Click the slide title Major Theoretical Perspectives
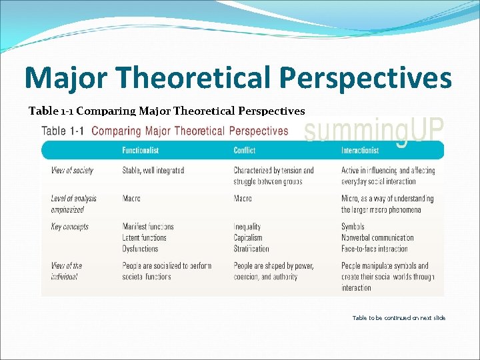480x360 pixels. [x=238, y=78]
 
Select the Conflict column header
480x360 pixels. [x=245, y=150]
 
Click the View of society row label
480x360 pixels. [x=72, y=171]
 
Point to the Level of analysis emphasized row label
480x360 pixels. [x=73, y=204]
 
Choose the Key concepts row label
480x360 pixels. [x=70, y=227]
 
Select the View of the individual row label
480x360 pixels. [x=67, y=271]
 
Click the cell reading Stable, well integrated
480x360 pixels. [x=153, y=171]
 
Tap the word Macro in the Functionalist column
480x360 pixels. [x=131, y=199]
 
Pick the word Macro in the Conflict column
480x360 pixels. [x=243, y=199]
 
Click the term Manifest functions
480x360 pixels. [x=148, y=227]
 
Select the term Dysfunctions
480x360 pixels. [x=140, y=249]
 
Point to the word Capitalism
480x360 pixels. [x=248, y=237]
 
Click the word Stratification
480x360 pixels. [x=251, y=249]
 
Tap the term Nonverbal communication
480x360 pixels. [x=377, y=237]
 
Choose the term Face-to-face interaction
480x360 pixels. [x=375, y=249]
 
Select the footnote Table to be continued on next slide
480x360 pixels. [x=399, y=318]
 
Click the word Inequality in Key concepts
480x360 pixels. [x=247, y=227]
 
